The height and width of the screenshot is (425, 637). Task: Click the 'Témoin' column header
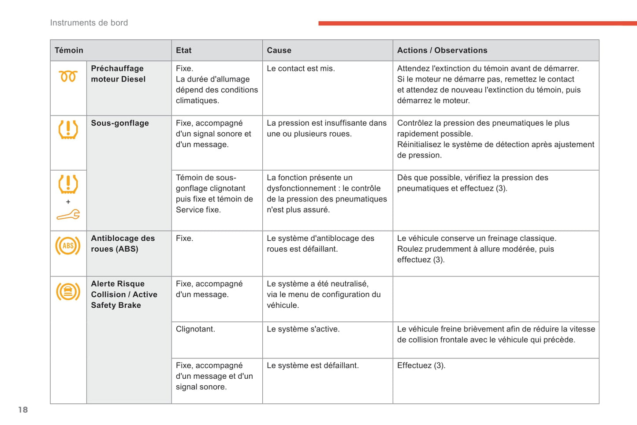point(69,50)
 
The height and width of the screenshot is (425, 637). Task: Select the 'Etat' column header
point(184,50)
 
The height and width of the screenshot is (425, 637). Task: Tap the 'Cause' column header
point(279,50)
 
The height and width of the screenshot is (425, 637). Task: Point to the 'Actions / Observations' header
point(442,50)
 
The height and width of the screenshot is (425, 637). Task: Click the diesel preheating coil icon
point(68,76)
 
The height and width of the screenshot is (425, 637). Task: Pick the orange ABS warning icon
point(68,246)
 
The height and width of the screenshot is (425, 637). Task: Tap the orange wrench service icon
point(68,215)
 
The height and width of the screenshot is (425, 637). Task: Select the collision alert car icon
point(68,291)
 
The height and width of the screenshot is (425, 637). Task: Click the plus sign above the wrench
point(68,201)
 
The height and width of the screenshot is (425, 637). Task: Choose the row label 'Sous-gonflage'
point(120,123)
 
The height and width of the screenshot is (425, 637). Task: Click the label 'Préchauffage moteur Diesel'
point(118,74)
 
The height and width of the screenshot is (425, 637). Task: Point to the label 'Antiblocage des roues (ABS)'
point(123,243)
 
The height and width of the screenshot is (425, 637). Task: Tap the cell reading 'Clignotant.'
point(195,329)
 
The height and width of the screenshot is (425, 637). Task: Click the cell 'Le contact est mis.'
point(301,68)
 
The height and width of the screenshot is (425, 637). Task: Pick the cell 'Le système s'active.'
point(303,329)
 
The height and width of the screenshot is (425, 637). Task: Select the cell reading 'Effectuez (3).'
point(421,365)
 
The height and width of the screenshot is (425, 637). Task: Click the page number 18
point(23,410)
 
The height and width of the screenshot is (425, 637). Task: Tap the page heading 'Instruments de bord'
point(89,23)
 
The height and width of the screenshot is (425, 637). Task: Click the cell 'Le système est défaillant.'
point(313,365)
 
